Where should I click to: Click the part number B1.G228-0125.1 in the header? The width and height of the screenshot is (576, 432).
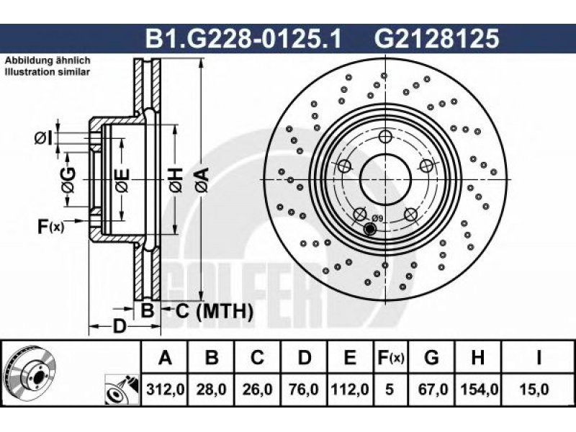[x=243, y=39]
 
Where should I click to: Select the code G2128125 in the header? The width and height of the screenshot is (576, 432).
[x=437, y=39]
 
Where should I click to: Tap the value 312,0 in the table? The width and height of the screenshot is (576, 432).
[x=165, y=389]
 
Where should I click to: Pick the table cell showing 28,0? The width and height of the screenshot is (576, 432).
[x=211, y=389]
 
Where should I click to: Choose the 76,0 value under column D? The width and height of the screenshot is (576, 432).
[x=303, y=389]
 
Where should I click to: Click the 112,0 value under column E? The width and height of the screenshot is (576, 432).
[x=350, y=389]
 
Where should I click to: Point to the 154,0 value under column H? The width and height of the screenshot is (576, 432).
[x=479, y=389]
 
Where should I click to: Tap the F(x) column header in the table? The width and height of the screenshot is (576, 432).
[x=390, y=356]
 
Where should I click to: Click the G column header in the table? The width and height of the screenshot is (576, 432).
[x=431, y=356]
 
